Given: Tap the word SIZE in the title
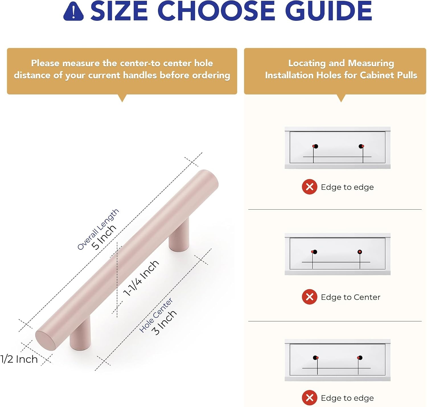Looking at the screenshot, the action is click(119, 11).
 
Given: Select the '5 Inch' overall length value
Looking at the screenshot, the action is click(104, 237).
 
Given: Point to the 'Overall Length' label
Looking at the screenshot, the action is click(98, 229).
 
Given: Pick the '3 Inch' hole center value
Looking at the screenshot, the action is click(164, 322).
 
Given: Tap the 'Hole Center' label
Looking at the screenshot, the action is click(156, 315).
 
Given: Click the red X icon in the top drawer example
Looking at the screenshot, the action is click(309, 187).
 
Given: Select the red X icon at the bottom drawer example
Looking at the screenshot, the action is click(309, 398).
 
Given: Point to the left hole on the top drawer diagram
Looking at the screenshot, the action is click(316, 146).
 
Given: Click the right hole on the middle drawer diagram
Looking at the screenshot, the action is click(360, 252).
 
